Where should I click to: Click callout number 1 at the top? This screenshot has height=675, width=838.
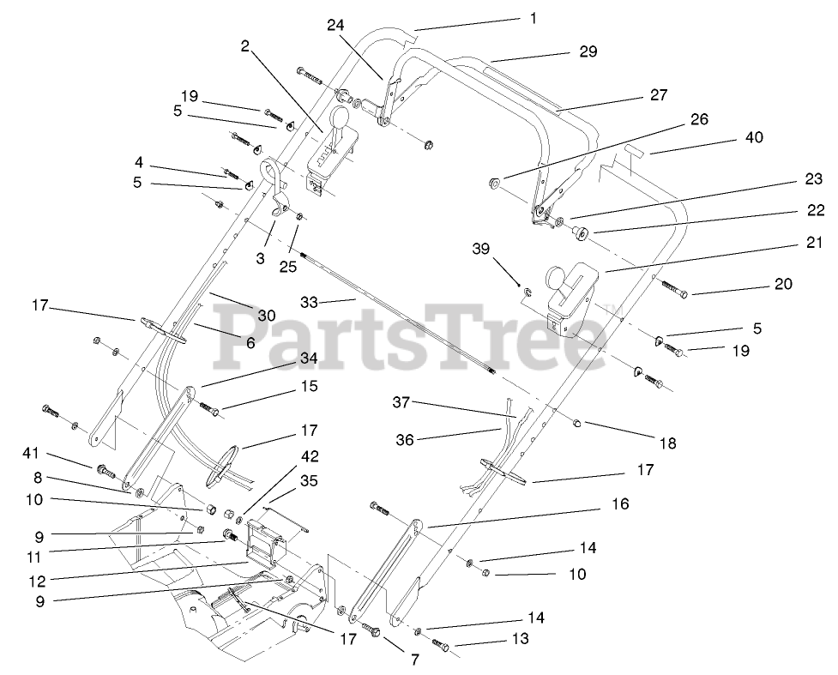tap(533, 16)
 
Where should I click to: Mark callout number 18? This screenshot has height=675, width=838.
tap(668, 443)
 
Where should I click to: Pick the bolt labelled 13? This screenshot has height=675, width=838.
tap(440, 644)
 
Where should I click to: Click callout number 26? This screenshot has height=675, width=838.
tap(700, 120)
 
